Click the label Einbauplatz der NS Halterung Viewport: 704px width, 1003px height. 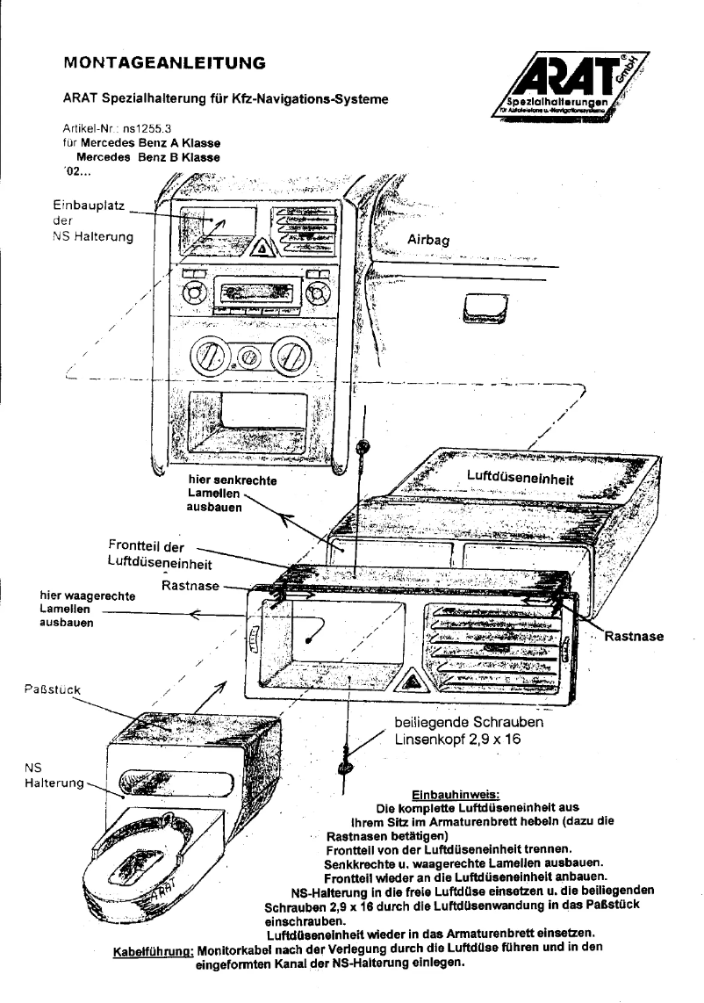click(92, 220)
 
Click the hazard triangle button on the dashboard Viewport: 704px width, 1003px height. click(263, 250)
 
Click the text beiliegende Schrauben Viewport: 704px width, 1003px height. click(470, 722)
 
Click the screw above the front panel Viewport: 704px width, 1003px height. click(361, 448)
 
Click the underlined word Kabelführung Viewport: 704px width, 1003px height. click(154, 950)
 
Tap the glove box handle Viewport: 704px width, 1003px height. click(481, 308)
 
